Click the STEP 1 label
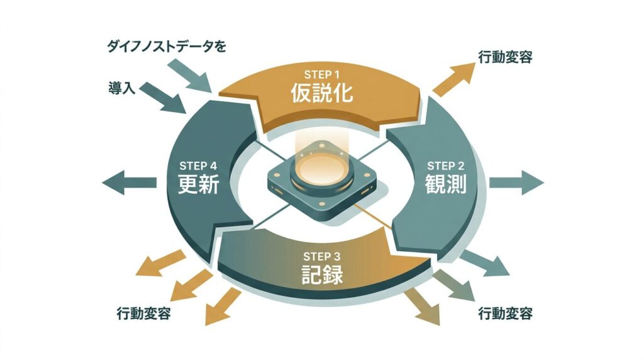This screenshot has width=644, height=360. (321, 74)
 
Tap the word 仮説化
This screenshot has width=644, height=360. (321, 93)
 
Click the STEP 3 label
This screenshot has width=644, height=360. (321, 256)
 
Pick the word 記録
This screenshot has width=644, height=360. (321, 275)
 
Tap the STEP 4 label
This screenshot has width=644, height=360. (198, 166)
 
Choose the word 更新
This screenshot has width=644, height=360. (198, 186)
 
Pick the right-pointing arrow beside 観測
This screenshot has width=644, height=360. (516, 183)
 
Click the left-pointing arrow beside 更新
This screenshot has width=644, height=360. (129, 183)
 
